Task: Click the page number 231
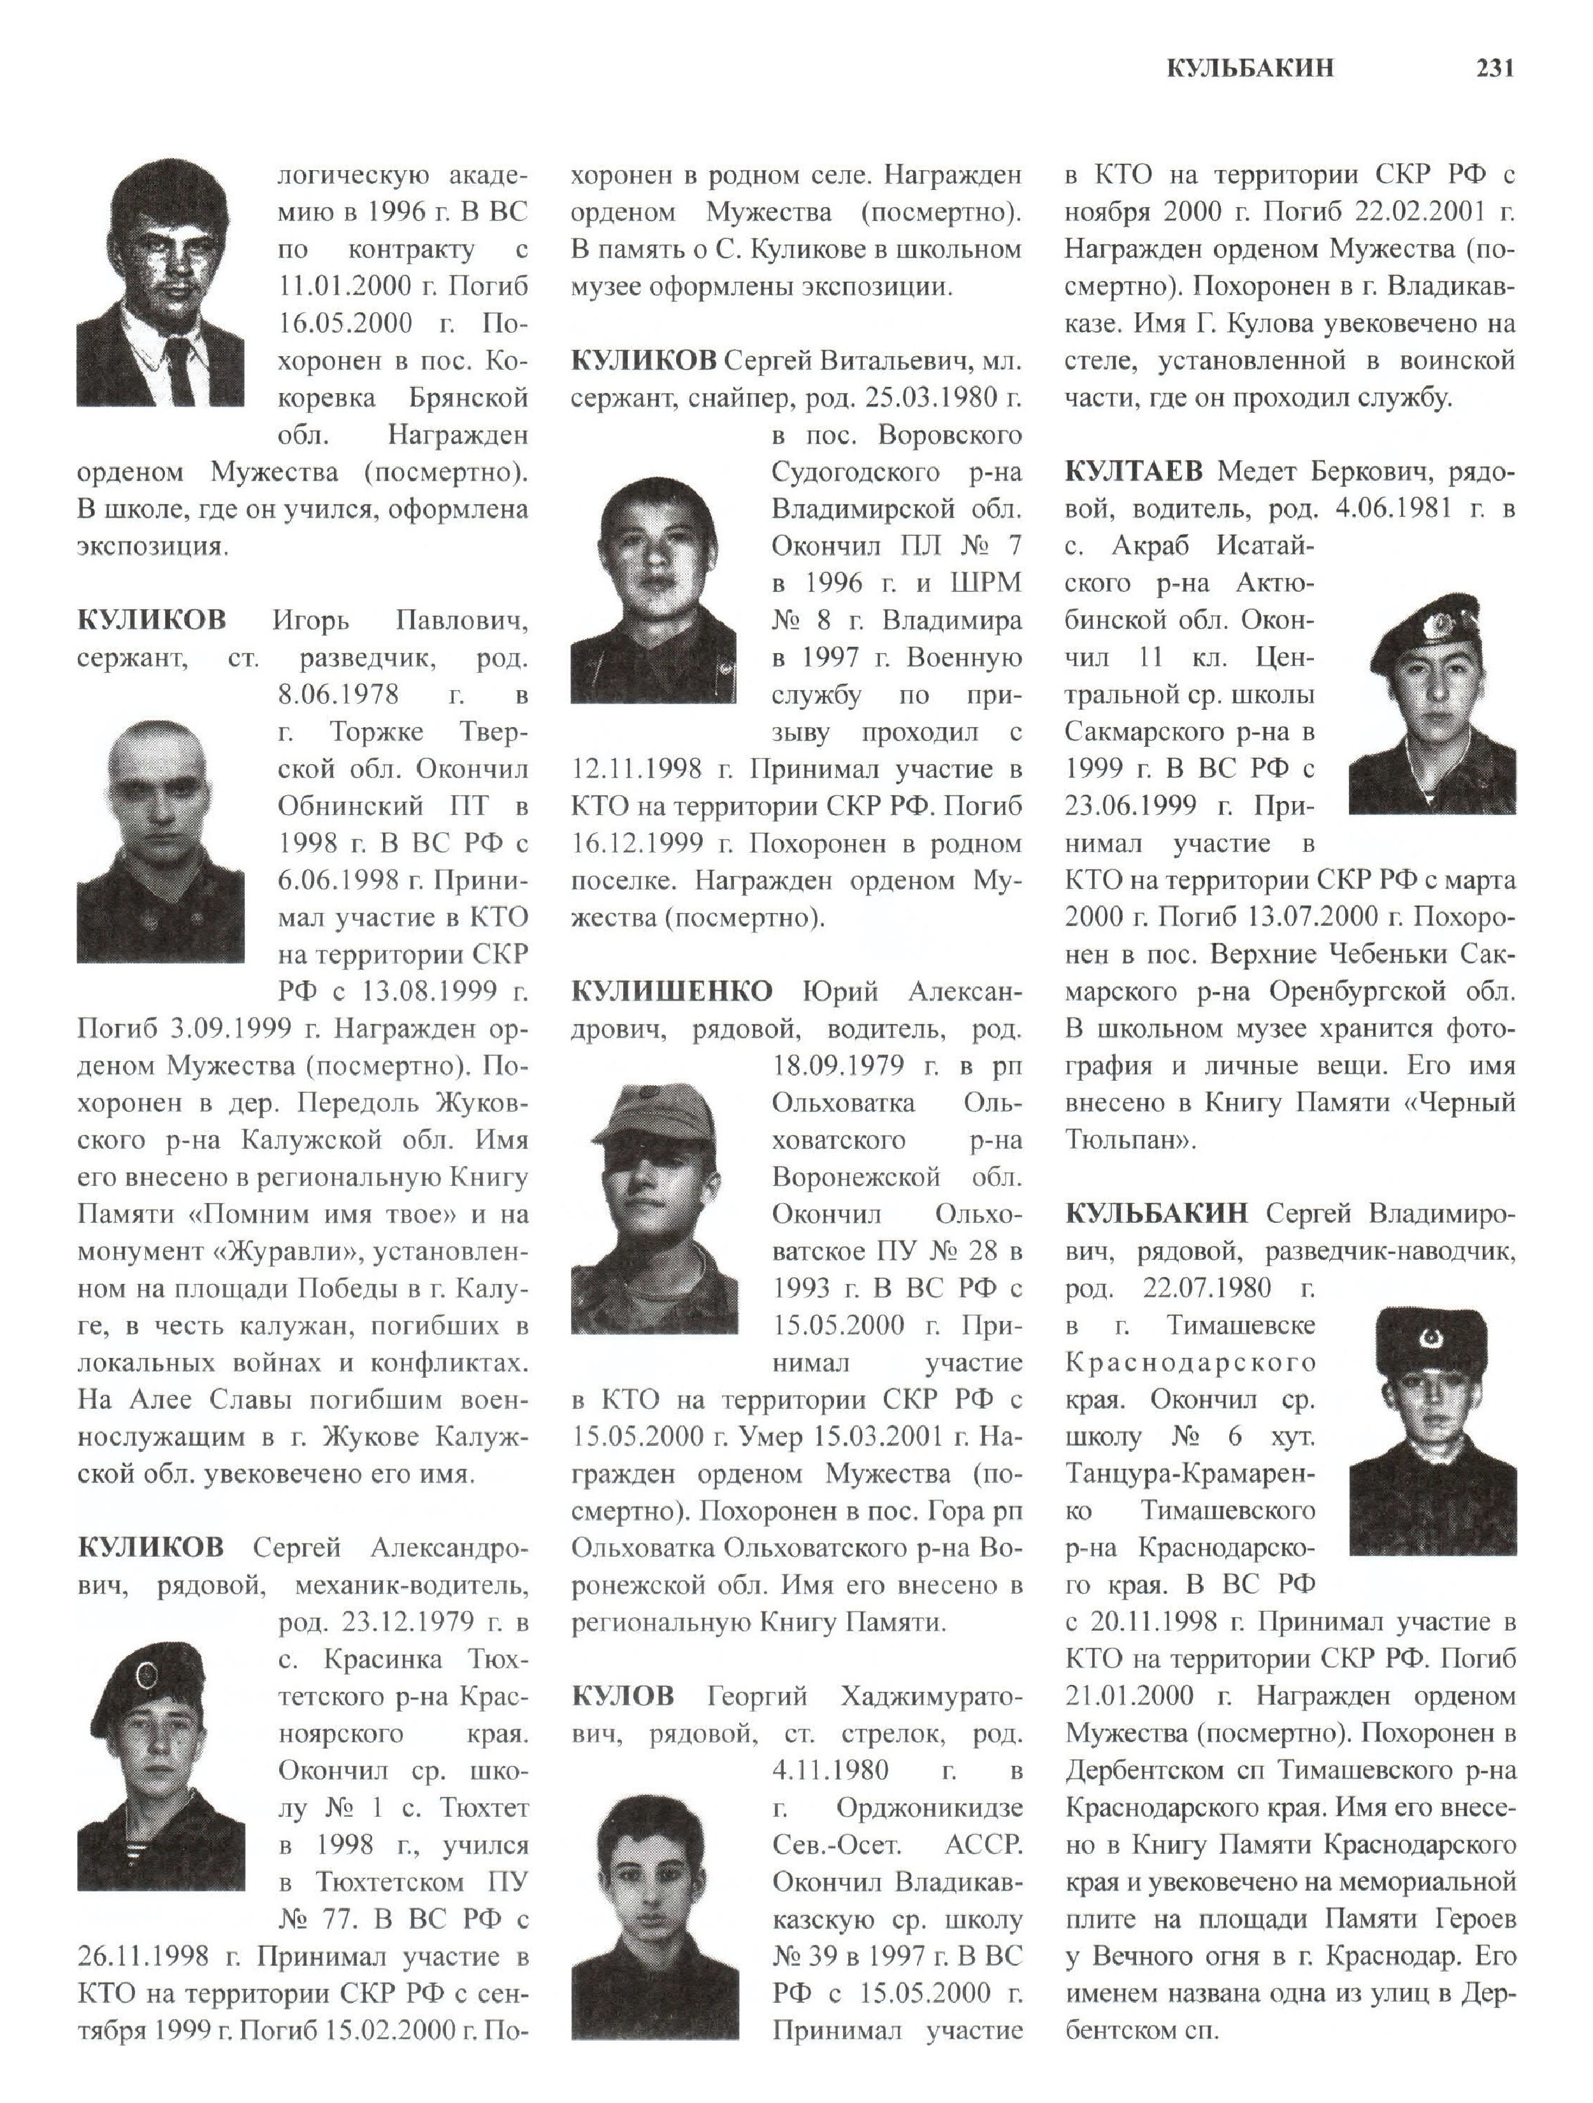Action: (x=1494, y=68)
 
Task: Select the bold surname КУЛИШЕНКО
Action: (x=672, y=992)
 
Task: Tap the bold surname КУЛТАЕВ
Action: (x=1134, y=472)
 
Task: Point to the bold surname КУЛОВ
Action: (x=623, y=1695)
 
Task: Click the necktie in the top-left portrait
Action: (x=180, y=369)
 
